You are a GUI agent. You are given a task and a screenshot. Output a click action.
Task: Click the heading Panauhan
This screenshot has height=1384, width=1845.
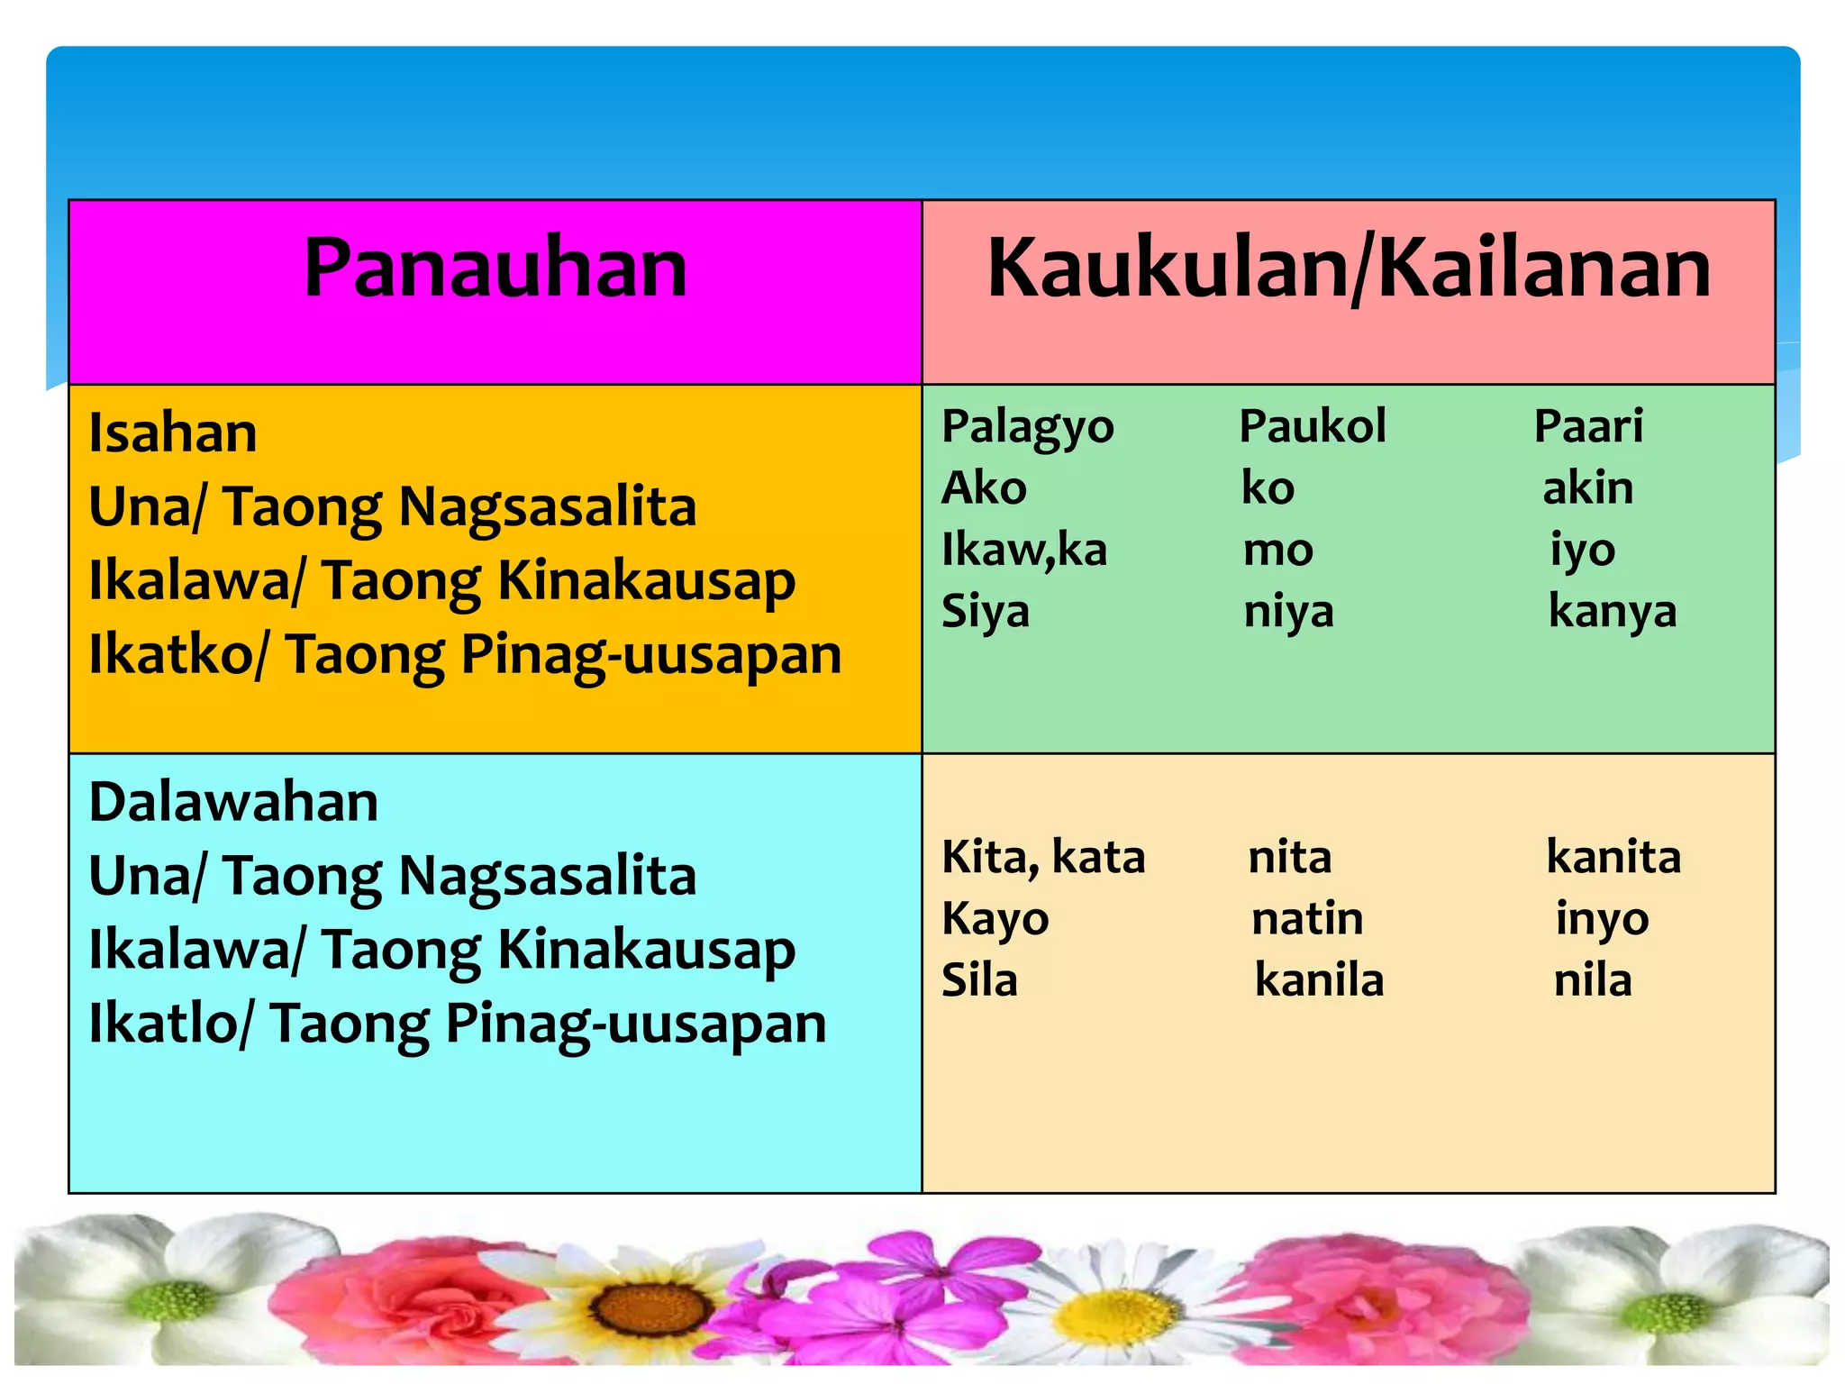[495, 268]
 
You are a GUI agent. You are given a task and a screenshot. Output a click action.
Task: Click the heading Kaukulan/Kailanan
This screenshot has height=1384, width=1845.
[1349, 268]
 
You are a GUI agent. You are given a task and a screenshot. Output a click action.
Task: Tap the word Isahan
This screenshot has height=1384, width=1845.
[173, 432]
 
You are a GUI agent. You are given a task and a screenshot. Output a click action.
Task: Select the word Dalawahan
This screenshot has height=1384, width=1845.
[233, 802]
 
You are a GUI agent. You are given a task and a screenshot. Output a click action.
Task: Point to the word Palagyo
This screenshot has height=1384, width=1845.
[1027, 427]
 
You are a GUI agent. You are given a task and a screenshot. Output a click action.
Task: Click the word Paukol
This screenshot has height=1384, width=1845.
[1312, 426]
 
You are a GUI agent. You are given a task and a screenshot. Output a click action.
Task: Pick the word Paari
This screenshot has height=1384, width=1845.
[1588, 426]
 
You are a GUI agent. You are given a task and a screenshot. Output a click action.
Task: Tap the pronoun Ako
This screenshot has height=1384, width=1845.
[984, 488]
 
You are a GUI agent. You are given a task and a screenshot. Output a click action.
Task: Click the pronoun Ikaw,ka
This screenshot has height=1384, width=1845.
[1023, 550]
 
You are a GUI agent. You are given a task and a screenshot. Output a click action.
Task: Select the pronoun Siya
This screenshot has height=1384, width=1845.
[985, 612]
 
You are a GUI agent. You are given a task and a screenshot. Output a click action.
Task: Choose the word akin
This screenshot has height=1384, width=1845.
[1587, 488]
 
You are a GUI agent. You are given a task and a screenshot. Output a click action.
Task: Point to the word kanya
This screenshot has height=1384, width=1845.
[1612, 612]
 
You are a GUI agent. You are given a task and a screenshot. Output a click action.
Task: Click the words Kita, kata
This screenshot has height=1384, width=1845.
[1042, 857]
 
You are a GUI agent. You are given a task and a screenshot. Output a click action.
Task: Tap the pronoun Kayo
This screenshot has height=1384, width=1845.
[995, 920]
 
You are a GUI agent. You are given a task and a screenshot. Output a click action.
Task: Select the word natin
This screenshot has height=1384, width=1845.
[1307, 919]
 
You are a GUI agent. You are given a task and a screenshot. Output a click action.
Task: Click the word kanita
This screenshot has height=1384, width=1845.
[1613, 857]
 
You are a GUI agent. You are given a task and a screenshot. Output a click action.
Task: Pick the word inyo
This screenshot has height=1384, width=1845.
[1602, 920]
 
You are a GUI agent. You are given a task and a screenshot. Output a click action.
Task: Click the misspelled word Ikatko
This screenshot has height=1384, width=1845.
[170, 654]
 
